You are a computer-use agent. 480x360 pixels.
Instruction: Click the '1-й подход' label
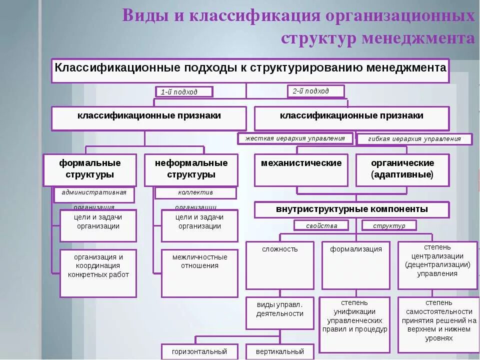point(183,91)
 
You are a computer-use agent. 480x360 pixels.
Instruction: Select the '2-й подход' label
point(315,91)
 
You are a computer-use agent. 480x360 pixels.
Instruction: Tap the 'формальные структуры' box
point(90,169)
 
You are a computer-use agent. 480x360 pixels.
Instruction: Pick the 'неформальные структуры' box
point(191,169)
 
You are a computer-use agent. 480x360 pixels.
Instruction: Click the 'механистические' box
point(301,169)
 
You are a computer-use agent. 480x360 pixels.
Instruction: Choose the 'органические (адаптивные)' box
point(402,169)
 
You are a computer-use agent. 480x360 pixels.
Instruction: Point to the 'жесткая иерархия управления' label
point(295,138)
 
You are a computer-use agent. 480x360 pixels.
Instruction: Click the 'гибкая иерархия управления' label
point(414,139)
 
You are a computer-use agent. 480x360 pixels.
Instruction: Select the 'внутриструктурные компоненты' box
point(352,209)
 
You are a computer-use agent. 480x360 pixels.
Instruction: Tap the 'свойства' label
point(321,225)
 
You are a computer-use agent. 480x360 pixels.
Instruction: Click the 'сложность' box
point(280,265)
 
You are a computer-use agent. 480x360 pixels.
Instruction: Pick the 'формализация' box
point(356,265)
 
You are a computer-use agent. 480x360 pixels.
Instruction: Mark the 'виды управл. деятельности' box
point(280,312)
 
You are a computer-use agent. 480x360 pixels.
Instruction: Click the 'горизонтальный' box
point(199,351)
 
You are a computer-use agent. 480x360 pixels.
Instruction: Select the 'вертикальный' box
point(280,351)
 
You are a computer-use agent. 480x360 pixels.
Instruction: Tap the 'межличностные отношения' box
point(199,273)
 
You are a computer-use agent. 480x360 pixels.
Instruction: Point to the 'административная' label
point(94,193)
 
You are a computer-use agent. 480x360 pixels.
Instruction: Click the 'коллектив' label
point(195,193)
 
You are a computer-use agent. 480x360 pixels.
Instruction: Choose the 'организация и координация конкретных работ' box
point(98,273)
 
